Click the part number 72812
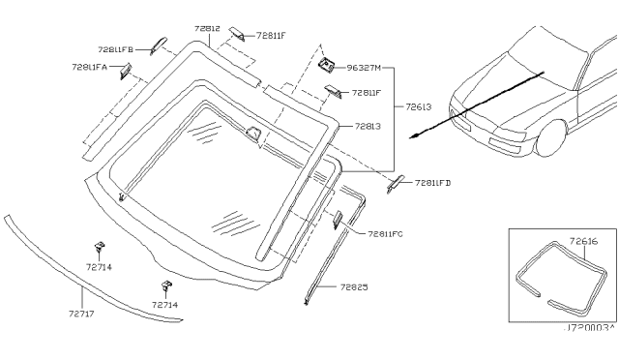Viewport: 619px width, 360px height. [x=206, y=30]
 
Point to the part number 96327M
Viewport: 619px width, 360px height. [x=365, y=69]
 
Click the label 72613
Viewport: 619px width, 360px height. [x=419, y=107]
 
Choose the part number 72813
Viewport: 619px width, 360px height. [x=368, y=126]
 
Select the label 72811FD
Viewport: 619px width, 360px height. [x=434, y=182]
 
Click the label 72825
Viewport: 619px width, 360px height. [x=355, y=287]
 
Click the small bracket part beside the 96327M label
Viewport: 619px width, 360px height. [x=327, y=66]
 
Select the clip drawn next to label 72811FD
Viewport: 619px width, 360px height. [x=397, y=183]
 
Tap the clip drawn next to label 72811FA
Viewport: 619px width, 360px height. [x=125, y=69]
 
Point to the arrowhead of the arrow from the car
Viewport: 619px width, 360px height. [x=414, y=136]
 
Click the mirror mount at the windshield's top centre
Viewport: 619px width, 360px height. [x=253, y=135]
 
